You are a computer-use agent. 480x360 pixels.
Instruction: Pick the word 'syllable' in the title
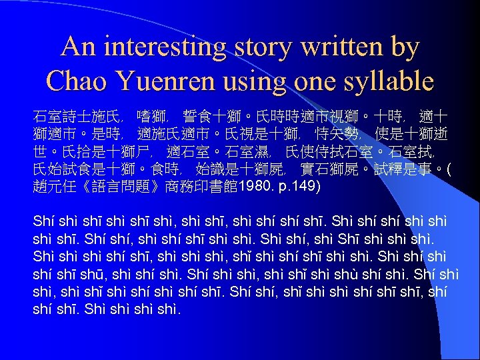coord(388,82)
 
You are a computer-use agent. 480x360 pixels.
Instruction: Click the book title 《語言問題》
coord(116,185)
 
